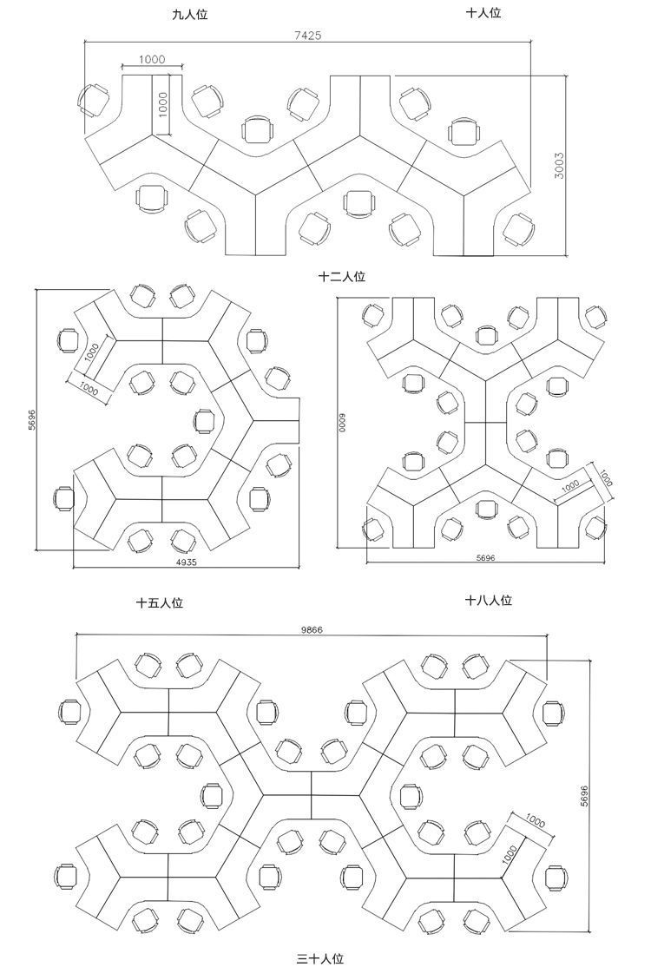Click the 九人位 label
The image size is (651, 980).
coord(189,15)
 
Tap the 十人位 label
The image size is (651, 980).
coord(483,13)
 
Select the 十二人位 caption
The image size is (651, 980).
coord(342,277)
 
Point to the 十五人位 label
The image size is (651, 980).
coord(159,602)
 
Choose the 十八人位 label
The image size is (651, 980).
coord(488,600)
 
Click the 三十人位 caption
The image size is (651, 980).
coord(320,959)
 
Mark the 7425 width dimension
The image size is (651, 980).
coord(309,36)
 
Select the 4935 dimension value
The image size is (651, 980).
coord(187,562)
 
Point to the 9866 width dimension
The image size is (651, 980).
coord(312,630)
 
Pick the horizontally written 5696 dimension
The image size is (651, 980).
coord(484,558)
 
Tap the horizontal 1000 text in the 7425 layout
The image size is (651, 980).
coord(151,59)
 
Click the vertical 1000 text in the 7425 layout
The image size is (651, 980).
coord(161,105)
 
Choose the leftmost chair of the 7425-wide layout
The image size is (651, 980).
coord(91,100)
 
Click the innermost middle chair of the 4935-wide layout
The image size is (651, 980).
coord(204,421)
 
